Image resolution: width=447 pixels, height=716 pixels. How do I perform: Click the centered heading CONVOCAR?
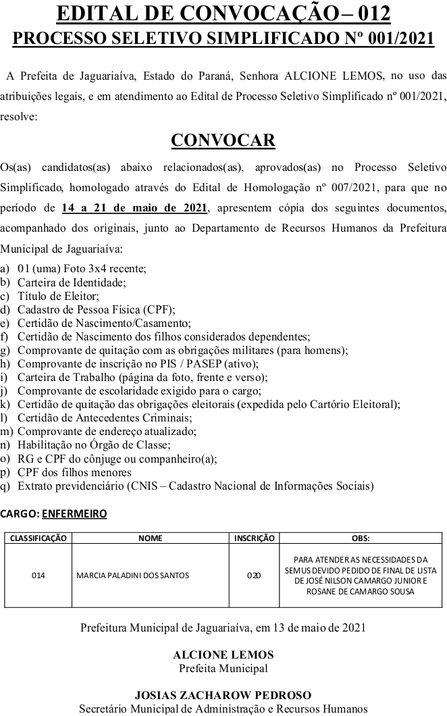click(x=223, y=140)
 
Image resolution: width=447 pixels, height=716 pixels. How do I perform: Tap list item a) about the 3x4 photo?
click(x=82, y=268)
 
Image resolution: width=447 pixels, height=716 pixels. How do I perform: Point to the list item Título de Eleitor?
click(x=58, y=296)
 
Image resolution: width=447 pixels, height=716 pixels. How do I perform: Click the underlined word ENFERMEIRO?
click(x=74, y=513)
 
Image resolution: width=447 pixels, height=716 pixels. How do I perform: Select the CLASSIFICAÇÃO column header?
click(x=36, y=538)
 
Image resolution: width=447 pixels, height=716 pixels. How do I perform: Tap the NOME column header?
click(x=150, y=538)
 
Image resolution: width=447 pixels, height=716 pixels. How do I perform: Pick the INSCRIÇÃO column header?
click(x=254, y=538)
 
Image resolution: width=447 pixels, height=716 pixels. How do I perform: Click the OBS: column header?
click(x=361, y=538)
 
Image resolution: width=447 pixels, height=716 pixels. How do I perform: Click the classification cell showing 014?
click(x=38, y=576)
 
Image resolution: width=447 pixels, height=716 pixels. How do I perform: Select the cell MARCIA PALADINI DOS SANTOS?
click(x=133, y=576)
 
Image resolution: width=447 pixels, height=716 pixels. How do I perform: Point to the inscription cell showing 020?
click(x=254, y=576)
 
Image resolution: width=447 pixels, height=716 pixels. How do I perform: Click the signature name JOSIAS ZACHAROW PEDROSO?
click(x=223, y=694)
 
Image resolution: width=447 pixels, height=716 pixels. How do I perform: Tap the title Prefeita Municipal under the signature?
click(x=223, y=669)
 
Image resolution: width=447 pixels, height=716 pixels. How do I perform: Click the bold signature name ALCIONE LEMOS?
click(x=223, y=655)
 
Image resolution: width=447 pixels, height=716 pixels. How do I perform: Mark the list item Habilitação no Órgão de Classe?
click(x=94, y=444)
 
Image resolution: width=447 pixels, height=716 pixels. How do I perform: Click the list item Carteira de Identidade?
click(x=72, y=282)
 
